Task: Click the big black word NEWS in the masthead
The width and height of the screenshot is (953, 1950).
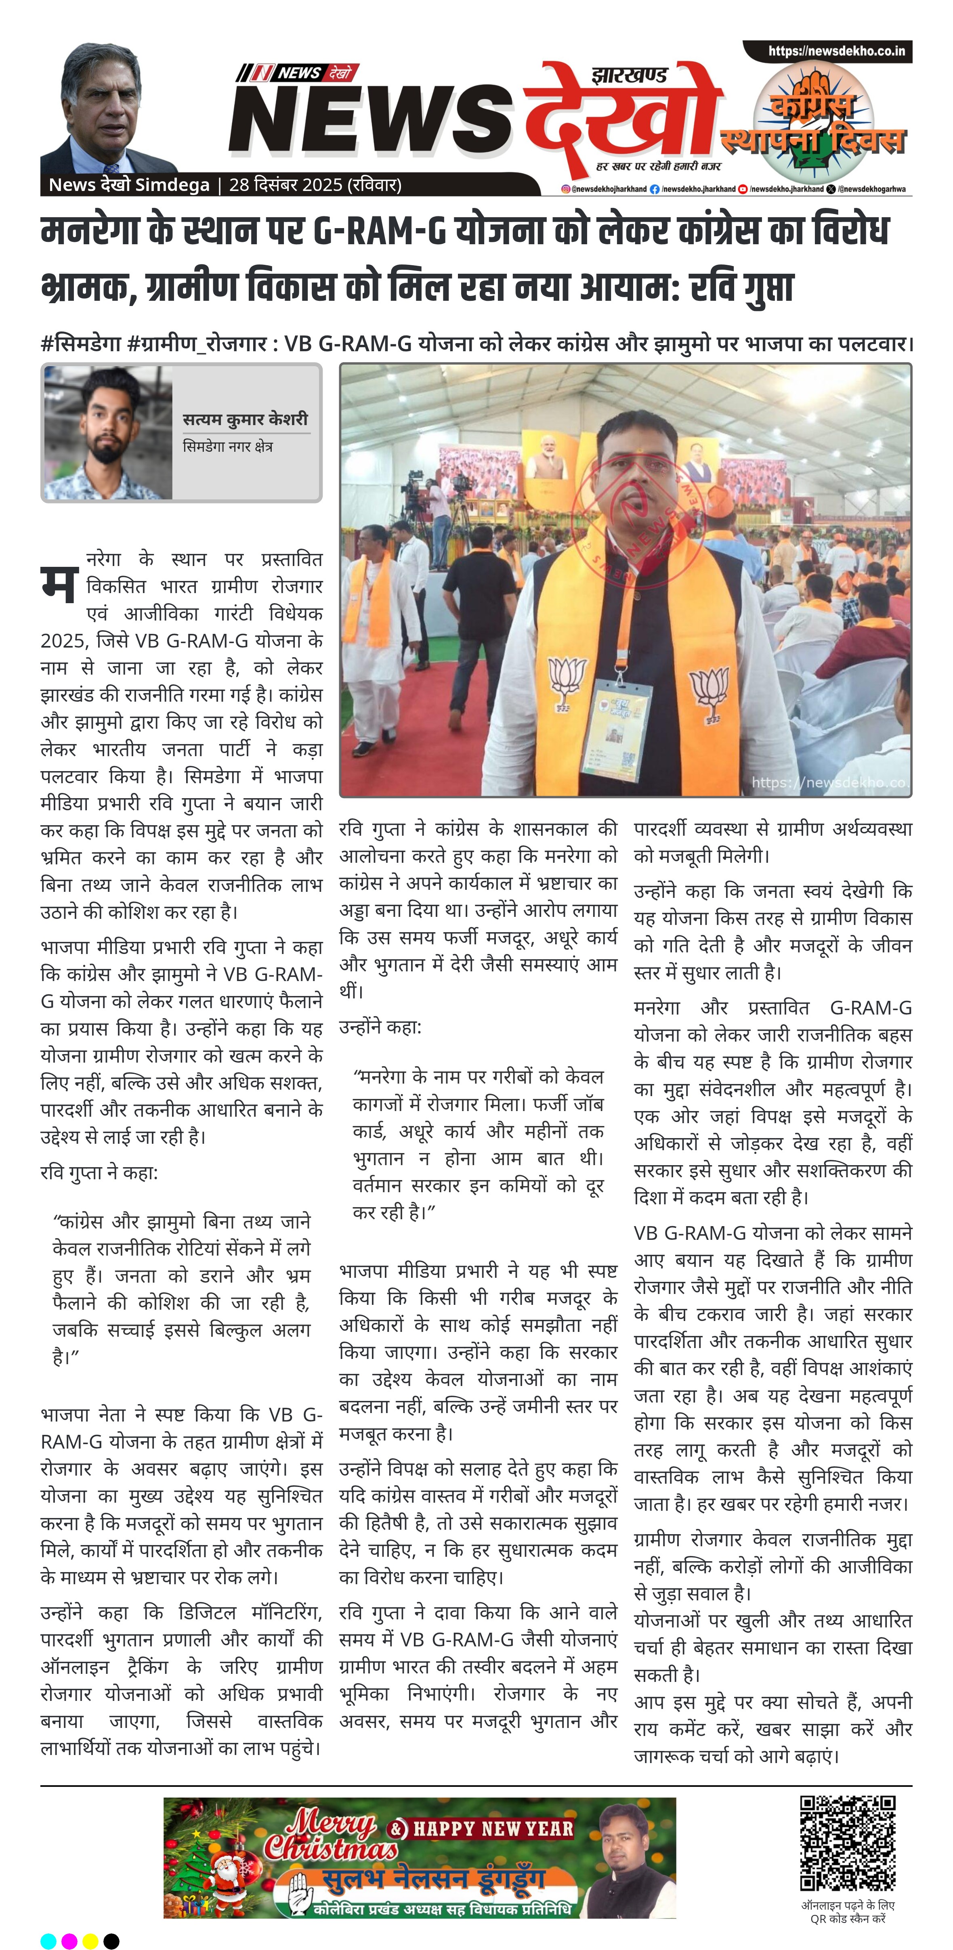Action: click(371, 121)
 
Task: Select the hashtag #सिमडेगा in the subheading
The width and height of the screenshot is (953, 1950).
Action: click(81, 344)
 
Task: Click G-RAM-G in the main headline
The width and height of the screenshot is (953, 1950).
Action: click(378, 231)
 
